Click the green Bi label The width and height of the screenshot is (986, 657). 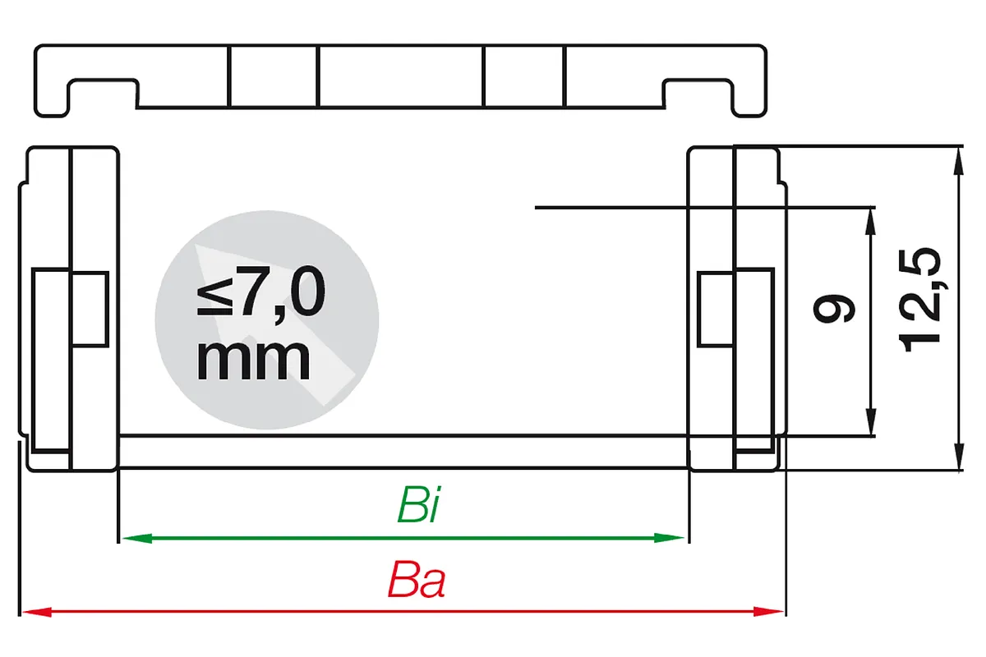coord(418,504)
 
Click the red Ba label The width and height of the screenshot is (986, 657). coord(417,579)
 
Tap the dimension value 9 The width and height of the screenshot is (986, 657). coord(834,309)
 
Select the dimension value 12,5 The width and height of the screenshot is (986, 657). coord(919,301)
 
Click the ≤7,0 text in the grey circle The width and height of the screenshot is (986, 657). coord(261,292)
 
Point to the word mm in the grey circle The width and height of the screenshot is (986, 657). coord(253,359)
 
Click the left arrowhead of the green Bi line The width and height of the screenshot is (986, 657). coord(137,538)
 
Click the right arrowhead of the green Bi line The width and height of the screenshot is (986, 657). coord(669,538)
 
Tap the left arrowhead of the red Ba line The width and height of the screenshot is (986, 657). coord(37,612)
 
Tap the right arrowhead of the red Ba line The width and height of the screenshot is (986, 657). coord(768,612)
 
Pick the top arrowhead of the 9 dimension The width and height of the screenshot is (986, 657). coord(870,223)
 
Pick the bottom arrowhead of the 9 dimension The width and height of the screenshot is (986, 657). coord(870,421)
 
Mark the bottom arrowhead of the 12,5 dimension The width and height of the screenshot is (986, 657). coord(959,457)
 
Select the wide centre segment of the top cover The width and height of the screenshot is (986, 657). coord(401,76)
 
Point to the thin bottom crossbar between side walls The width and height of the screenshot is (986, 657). coord(403,452)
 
